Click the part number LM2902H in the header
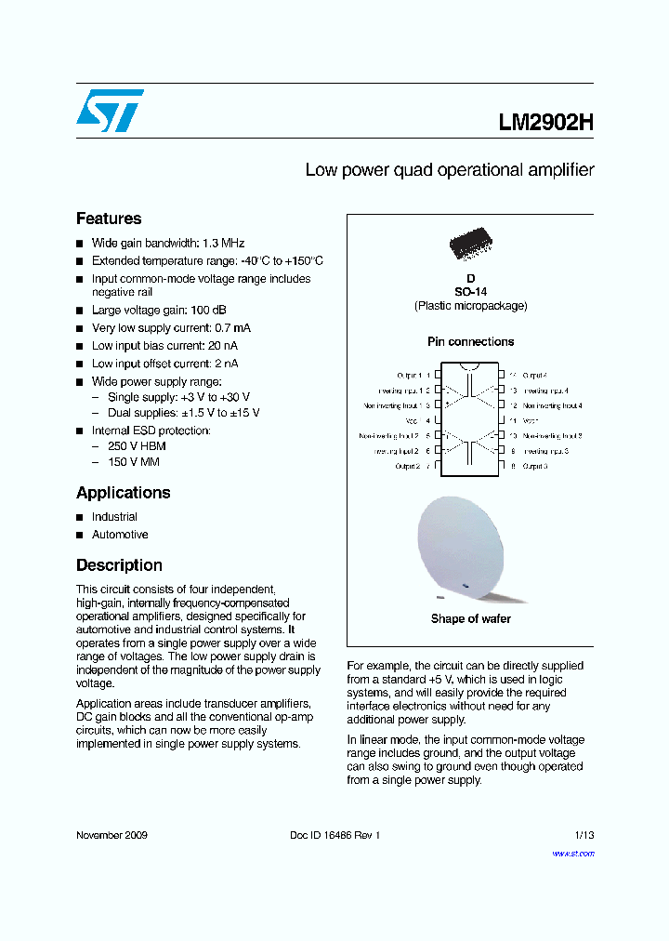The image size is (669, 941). [545, 123]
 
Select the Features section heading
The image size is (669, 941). [109, 219]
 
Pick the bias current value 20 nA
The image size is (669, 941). [219, 346]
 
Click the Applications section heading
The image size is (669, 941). [124, 493]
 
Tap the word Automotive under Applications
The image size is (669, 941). [120, 535]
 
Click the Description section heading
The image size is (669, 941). [119, 565]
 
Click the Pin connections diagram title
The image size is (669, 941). [470, 342]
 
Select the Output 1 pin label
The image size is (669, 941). [407, 375]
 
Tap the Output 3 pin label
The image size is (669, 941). [534, 466]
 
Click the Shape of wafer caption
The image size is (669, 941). [470, 619]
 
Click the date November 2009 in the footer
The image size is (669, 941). [111, 836]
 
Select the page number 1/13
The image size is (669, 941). [584, 836]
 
